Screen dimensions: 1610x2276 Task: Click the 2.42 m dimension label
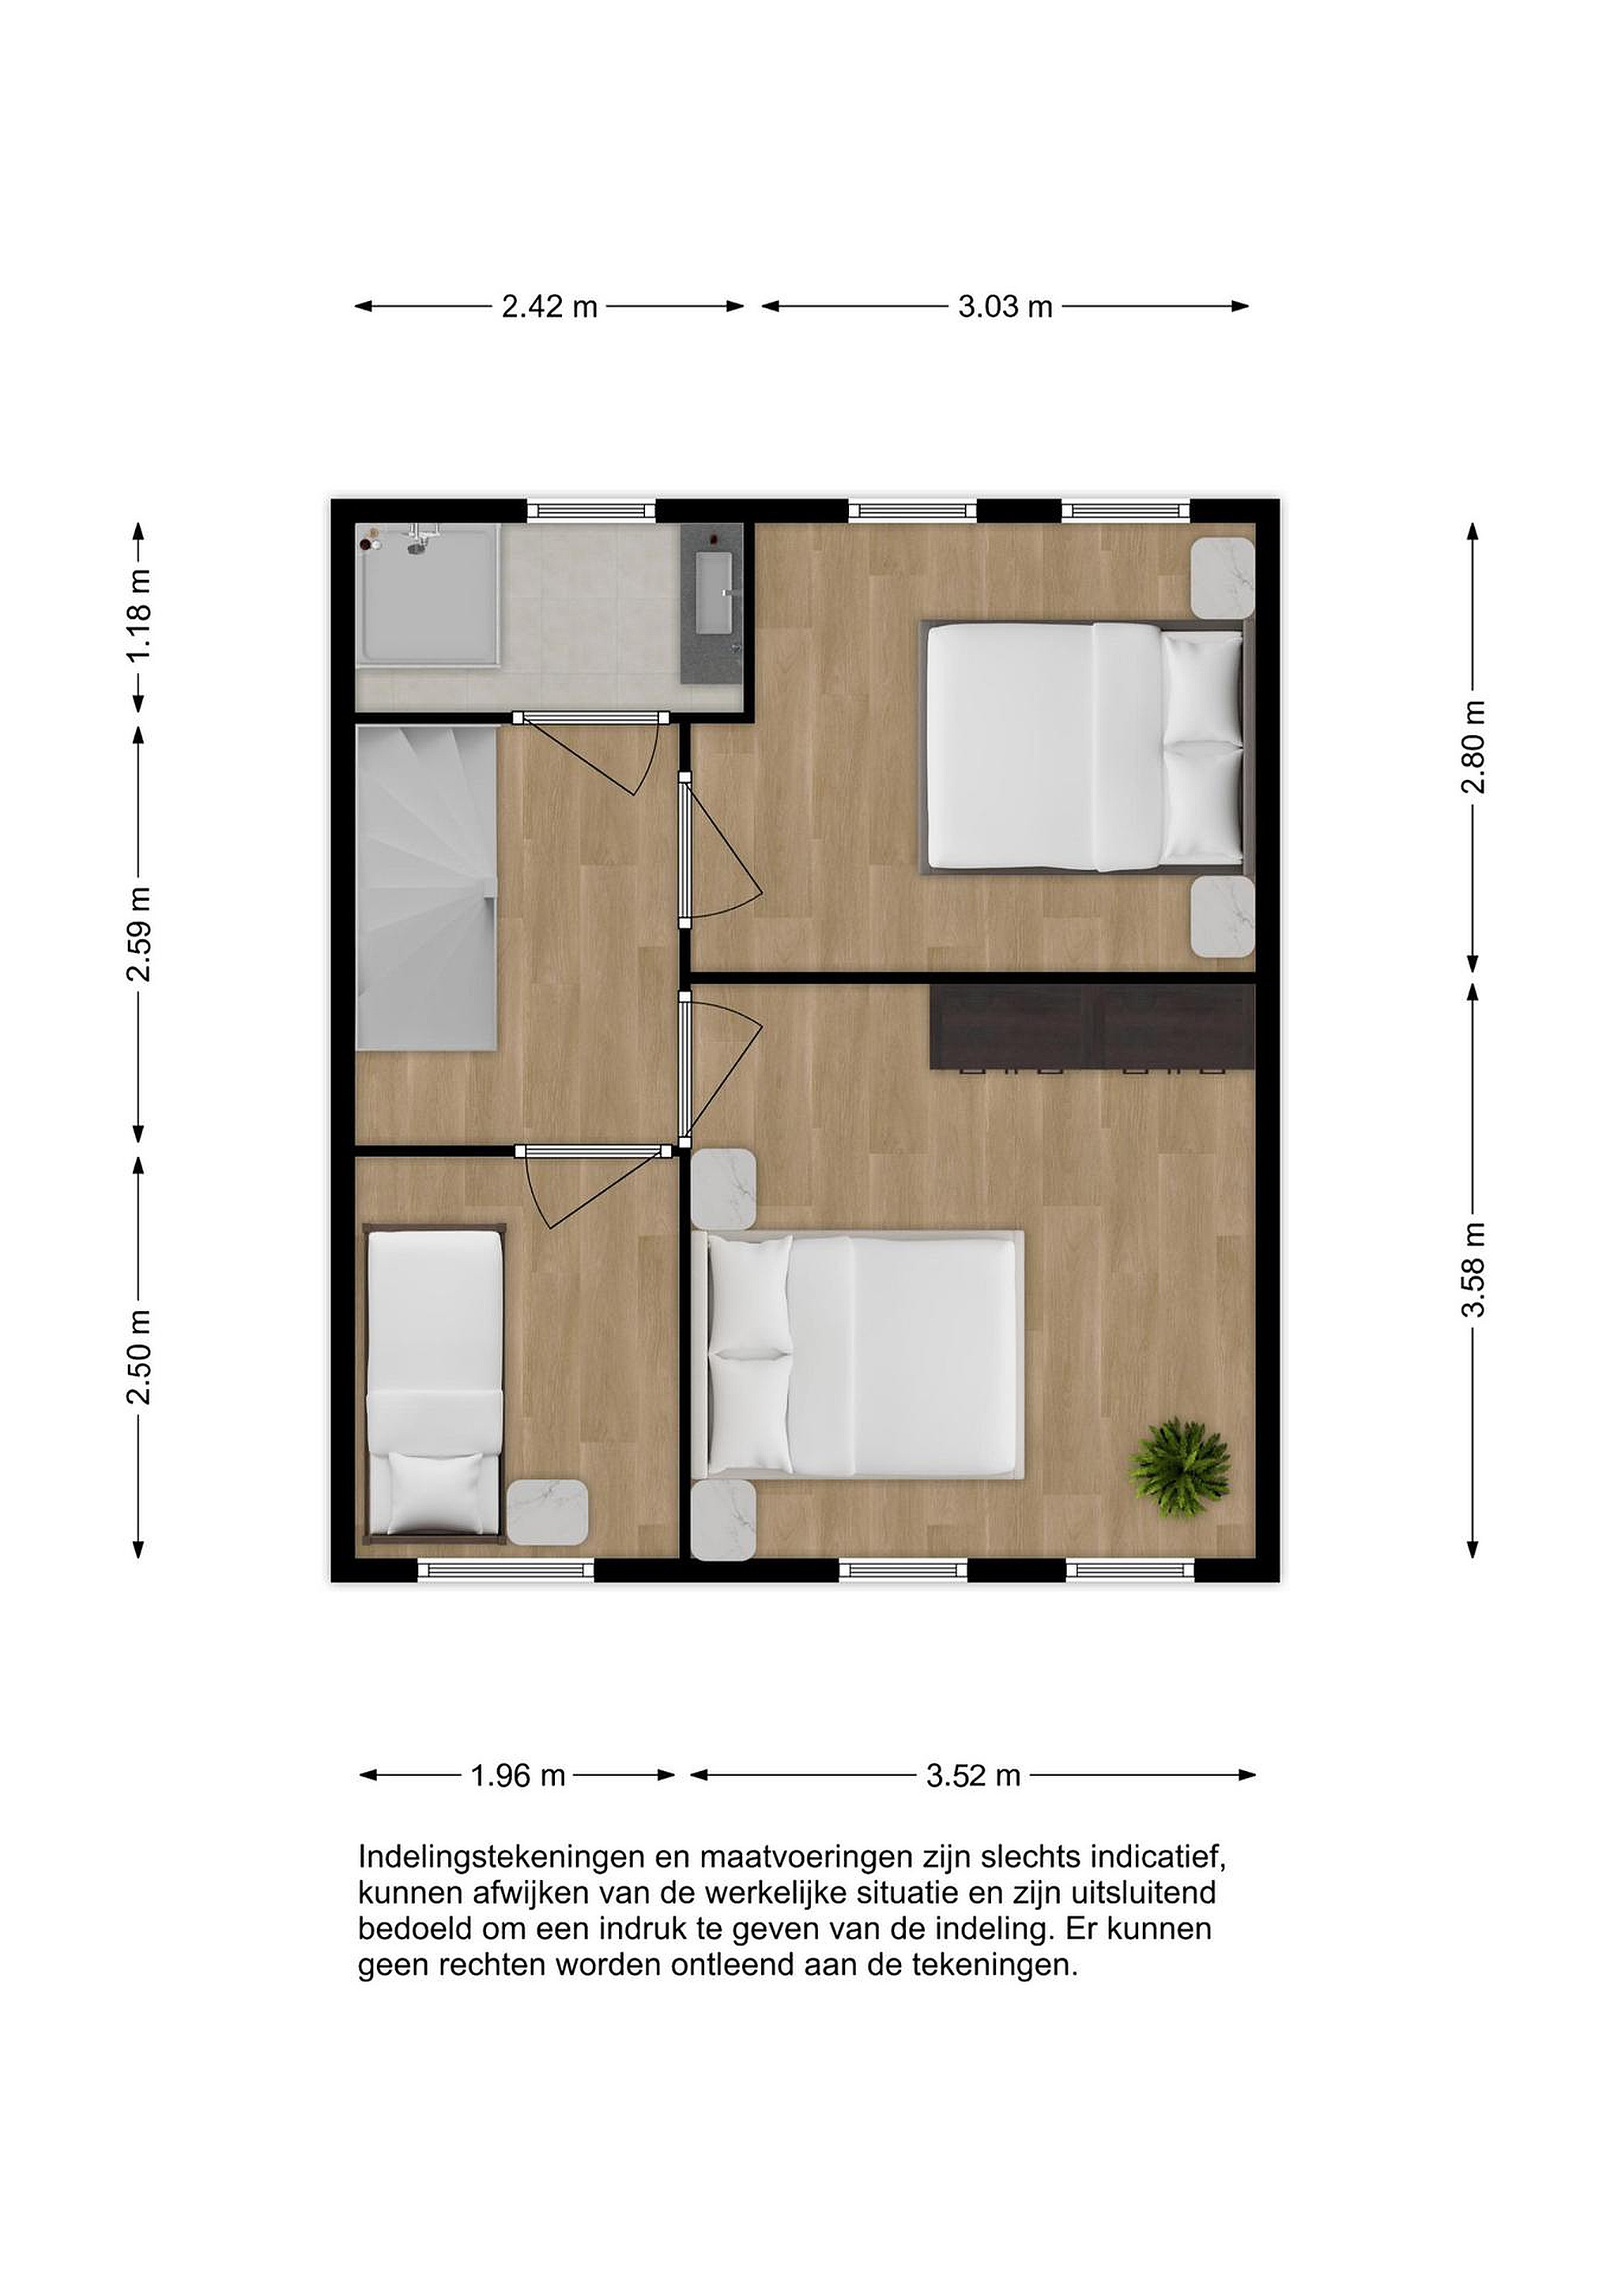[x=549, y=307]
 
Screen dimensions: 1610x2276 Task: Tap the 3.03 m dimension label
[x=1005, y=307]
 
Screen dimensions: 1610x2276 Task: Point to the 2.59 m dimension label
[x=140, y=934]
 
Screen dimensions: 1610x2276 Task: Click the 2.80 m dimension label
[x=1473, y=747]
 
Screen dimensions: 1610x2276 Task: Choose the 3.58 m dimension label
[x=1473, y=1270]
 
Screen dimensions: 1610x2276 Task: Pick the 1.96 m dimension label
[x=518, y=1776]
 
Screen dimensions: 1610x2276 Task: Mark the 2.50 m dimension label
[x=140, y=1357]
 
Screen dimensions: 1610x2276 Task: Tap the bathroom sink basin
[x=714, y=593]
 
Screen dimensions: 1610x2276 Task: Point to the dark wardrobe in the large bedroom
[x=1092, y=1027]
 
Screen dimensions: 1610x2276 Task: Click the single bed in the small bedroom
[x=435, y=1384]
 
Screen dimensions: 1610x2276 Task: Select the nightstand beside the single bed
[x=547, y=1512]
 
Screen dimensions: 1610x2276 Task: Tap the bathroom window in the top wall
[x=591, y=511]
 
